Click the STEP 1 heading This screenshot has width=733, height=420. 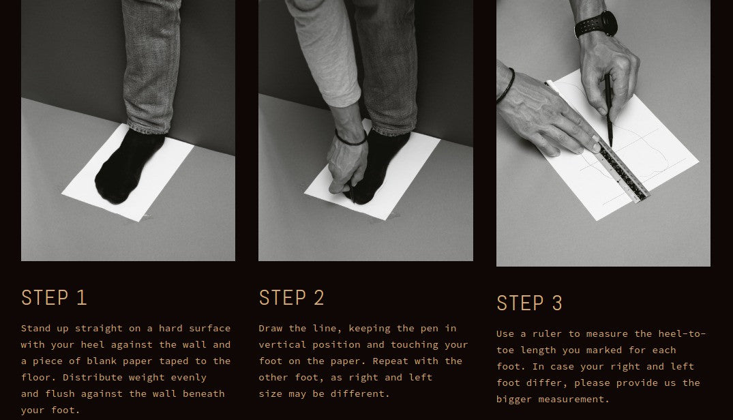tap(54, 297)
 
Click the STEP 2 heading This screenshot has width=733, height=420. tap(291, 297)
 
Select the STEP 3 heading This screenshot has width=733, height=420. tap(529, 303)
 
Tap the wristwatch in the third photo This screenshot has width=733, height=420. tap(597, 25)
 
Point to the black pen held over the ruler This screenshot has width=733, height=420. tap(609, 110)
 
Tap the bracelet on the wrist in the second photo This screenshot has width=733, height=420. tap(350, 139)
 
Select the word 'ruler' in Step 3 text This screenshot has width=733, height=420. tap(548, 333)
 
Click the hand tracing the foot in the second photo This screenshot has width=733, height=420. tap(346, 166)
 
